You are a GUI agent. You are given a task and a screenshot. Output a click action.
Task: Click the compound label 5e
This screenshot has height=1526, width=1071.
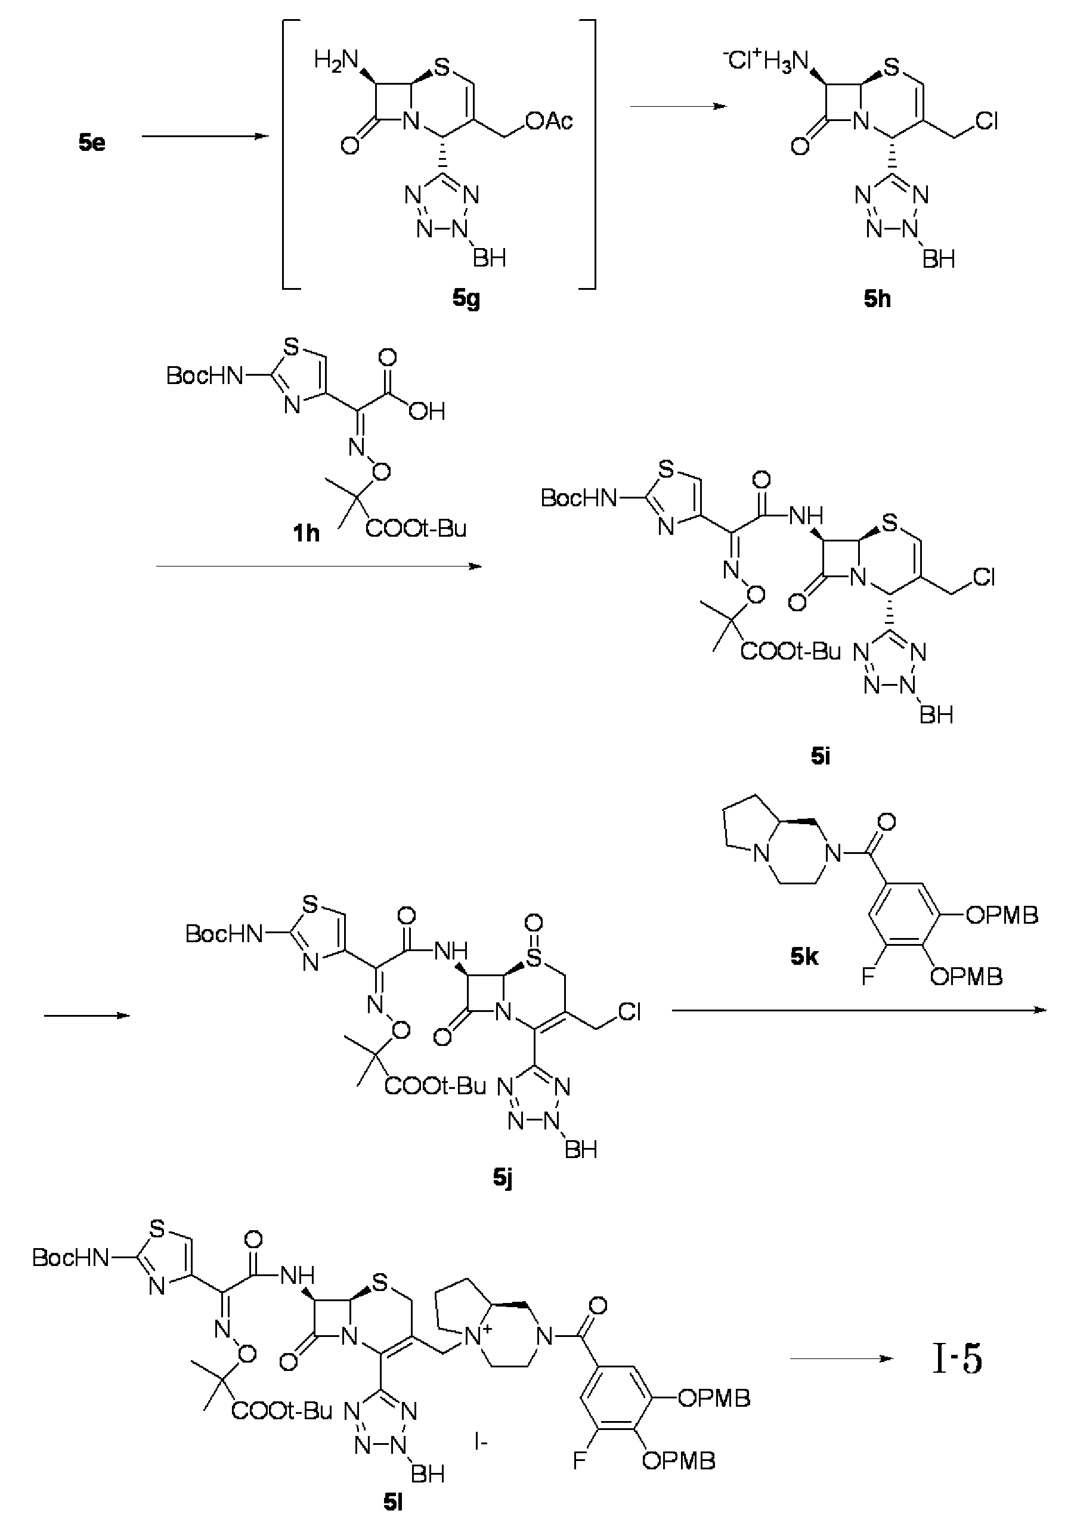(92, 143)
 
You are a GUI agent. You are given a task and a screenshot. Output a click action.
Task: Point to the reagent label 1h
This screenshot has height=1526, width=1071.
(307, 533)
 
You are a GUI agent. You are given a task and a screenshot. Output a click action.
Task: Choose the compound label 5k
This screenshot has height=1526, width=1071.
(804, 957)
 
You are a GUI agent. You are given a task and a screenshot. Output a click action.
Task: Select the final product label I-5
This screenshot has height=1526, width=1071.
(957, 1360)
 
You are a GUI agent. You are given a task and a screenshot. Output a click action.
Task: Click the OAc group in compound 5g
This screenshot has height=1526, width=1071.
(549, 121)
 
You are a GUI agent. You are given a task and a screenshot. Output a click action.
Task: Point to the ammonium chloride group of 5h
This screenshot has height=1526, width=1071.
(764, 62)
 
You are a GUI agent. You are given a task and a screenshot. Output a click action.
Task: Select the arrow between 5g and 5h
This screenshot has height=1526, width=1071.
(679, 106)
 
